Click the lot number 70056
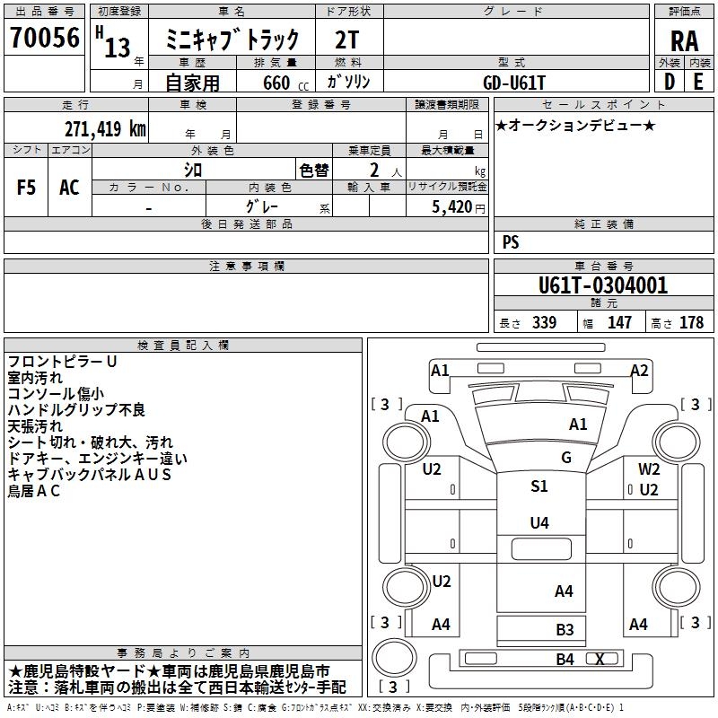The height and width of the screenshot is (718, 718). pos(45,37)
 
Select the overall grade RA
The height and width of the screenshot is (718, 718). pos(684,41)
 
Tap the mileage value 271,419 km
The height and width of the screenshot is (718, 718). pos(105,128)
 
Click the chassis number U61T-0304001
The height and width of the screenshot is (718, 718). pos(603,285)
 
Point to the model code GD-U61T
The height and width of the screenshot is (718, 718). pos(514,83)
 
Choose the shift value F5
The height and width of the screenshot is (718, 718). pos(26,188)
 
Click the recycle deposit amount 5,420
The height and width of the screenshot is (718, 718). pos(452,206)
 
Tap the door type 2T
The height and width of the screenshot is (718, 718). pos(347,39)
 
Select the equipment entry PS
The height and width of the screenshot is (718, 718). pos(511,241)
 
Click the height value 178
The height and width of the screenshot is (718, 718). pos(691,322)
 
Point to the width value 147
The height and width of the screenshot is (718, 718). pos(619,322)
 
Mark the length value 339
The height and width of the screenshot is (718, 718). pos(544,322)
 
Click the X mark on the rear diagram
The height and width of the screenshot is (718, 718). pos(600,659)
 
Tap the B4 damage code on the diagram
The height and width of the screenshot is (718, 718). pos(565,660)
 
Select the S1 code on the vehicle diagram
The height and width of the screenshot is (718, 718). pos(539,486)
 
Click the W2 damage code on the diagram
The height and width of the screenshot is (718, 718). pos(649,468)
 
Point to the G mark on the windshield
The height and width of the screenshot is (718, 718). pos(566,457)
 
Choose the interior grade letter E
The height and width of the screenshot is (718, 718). pos(698,82)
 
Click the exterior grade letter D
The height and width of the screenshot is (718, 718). pos(669,82)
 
